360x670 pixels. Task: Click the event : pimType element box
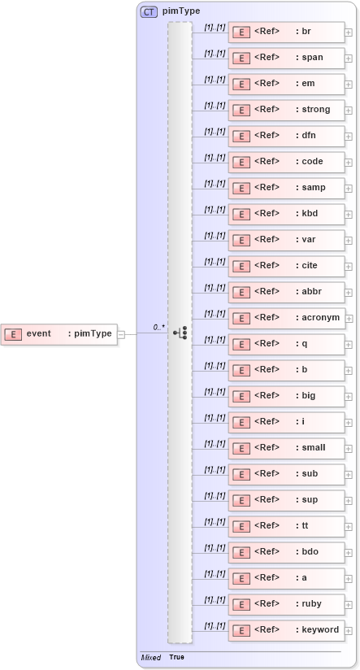pos(59,333)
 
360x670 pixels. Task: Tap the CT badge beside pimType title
pos(149,11)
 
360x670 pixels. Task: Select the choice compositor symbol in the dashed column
pos(180,333)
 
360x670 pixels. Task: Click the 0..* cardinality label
pos(159,327)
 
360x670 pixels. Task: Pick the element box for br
pos(286,32)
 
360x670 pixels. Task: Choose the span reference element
pos(286,58)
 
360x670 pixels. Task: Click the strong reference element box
pos(286,110)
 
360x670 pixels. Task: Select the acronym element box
pos(286,318)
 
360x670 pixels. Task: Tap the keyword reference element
pos(286,630)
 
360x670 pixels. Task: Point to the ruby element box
pos(286,604)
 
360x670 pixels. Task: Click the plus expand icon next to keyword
pos(349,630)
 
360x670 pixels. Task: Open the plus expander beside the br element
pos(349,33)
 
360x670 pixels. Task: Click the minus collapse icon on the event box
pos(121,333)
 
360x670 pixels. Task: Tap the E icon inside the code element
pos(241,162)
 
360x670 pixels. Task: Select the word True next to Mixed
pos(176,657)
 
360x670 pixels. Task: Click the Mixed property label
pos(150,657)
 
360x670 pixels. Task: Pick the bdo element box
pos(286,552)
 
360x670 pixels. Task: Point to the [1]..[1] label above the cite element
pos(215,262)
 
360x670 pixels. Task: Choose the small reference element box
pos(286,448)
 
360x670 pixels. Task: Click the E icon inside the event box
pos(13,333)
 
